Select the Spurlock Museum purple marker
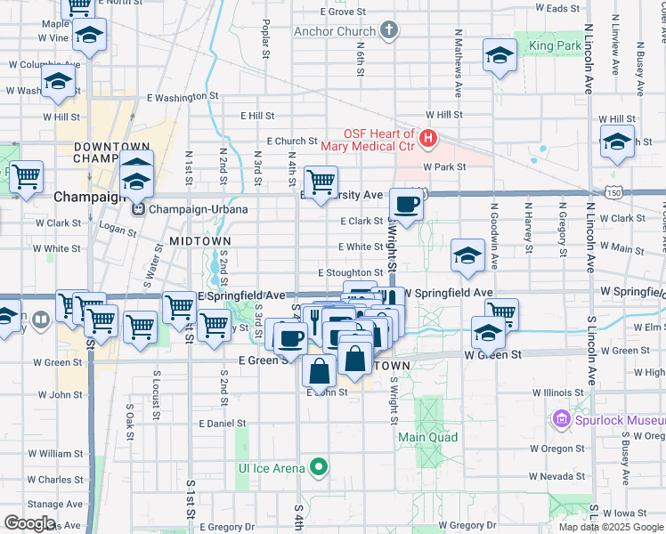tap(562, 418)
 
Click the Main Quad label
tap(428, 437)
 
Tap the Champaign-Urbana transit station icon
tap(138, 209)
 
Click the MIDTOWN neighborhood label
tap(200, 241)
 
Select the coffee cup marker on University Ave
tap(407, 205)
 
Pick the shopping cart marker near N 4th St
tap(321, 182)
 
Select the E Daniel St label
tap(222, 424)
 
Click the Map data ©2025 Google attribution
tap(610, 527)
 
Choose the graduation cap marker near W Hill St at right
tap(617, 142)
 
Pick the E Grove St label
tap(341, 12)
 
